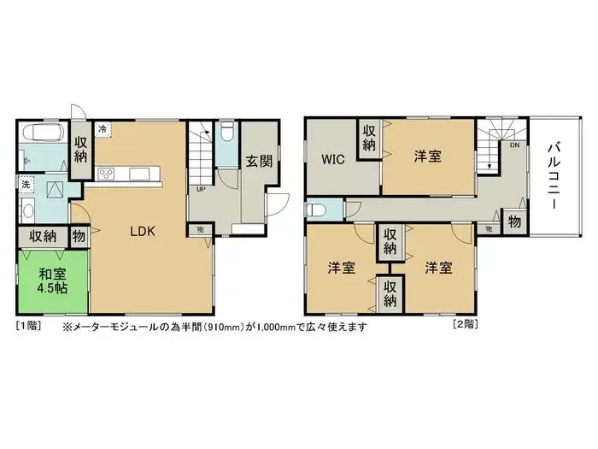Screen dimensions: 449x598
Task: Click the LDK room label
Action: click(x=142, y=230)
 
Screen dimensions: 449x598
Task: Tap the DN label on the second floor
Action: click(x=514, y=145)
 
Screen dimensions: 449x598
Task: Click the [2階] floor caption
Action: click(x=465, y=325)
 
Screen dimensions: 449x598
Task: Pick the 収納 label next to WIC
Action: click(x=369, y=137)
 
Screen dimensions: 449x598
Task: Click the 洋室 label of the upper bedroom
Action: click(x=427, y=157)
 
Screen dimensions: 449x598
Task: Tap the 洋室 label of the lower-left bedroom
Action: click(x=342, y=269)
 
